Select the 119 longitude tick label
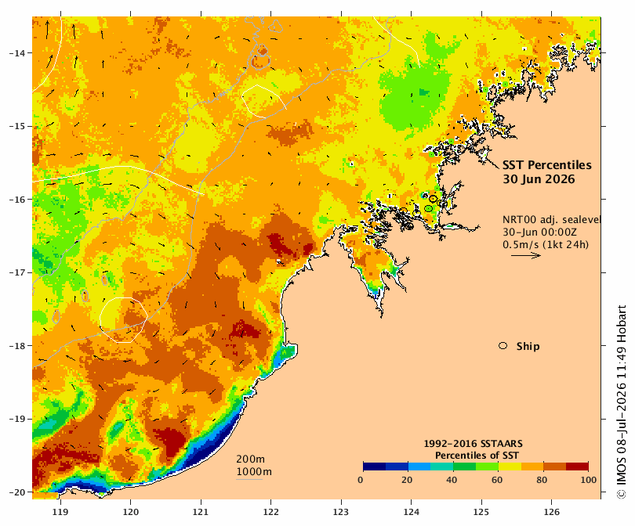point(60,512)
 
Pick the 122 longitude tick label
point(271,512)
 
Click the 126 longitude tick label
point(552,512)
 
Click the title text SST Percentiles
point(546,165)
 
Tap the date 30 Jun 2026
point(539,178)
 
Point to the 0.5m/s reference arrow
point(526,255)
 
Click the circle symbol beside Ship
point(503,346)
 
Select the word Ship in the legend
point(528,346)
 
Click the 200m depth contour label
point(251,459)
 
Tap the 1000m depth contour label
point(254,472)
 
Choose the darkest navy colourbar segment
point(375,467)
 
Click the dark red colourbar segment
point(577,467)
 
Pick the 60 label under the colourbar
point(497,480)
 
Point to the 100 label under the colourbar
point(589,480)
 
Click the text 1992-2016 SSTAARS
point(473,444)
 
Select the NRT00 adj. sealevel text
point(552,219)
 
